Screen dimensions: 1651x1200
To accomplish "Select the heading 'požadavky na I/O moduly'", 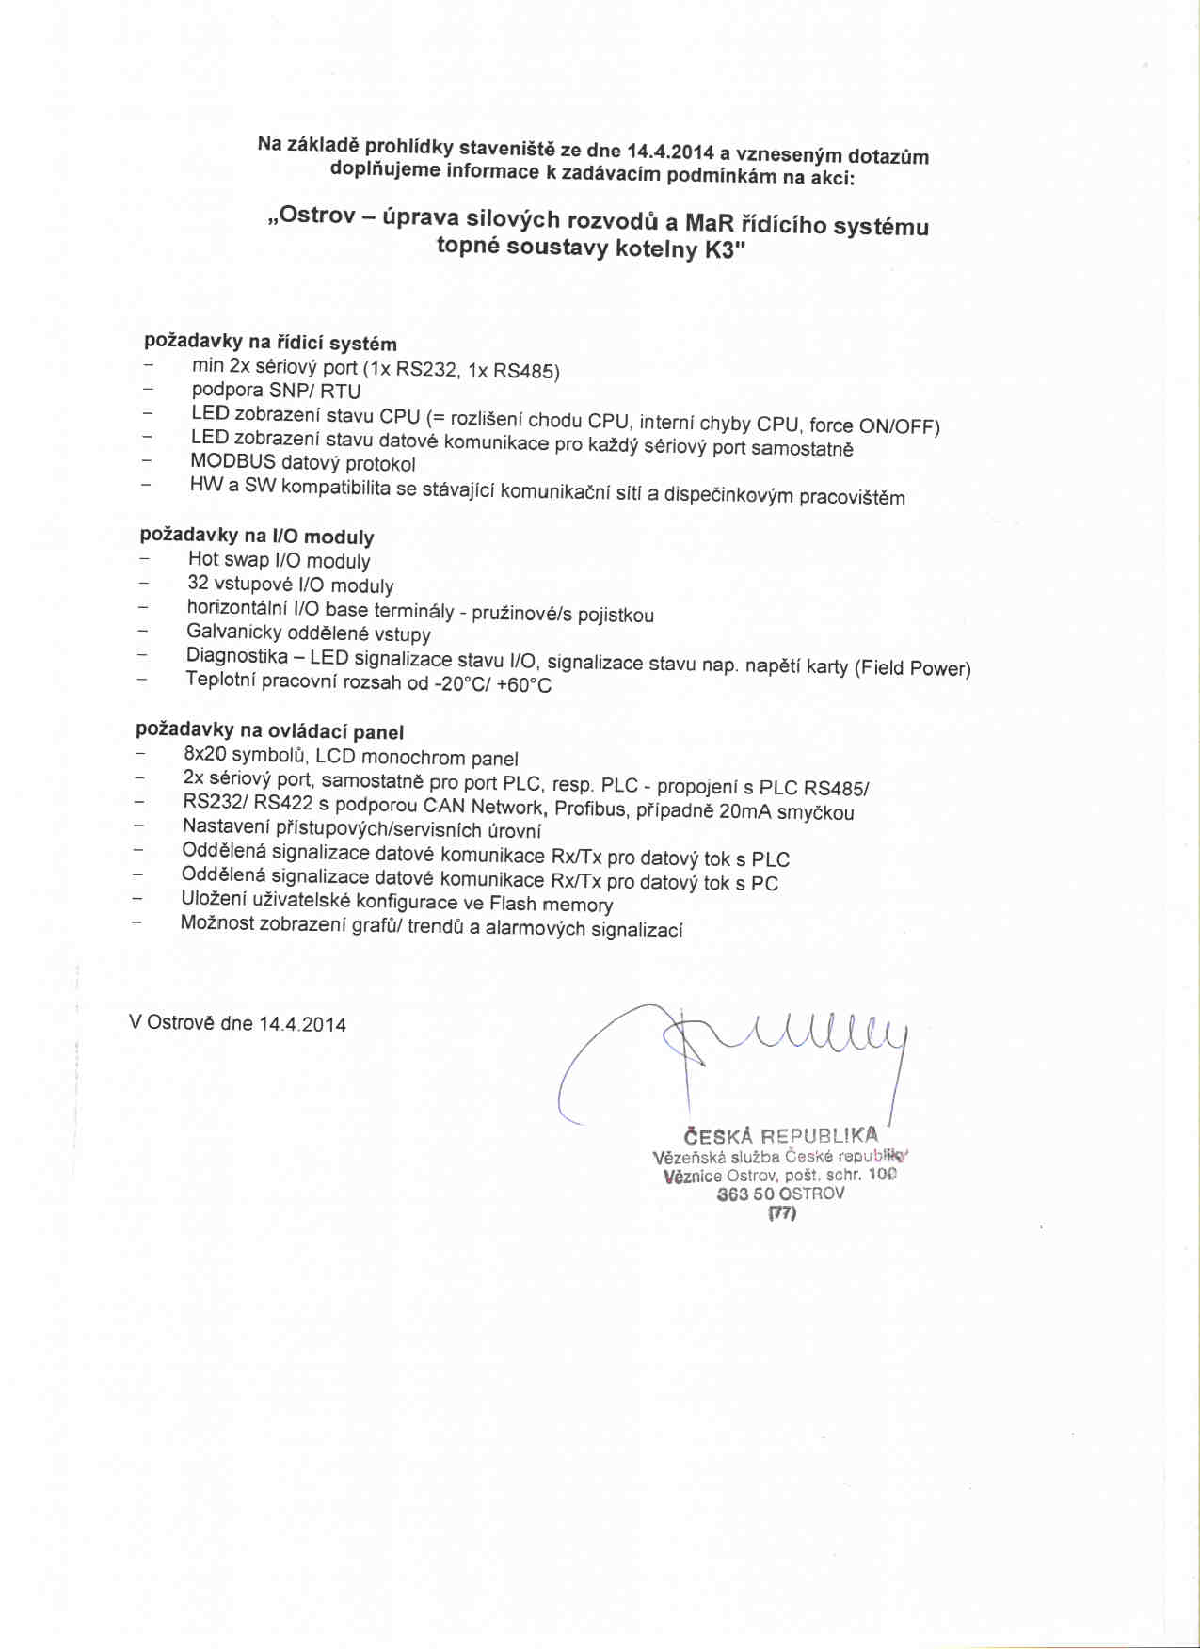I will click(257, 537).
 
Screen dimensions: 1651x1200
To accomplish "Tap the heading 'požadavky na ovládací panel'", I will click(269, 731).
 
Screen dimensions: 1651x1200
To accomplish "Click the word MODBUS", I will click(232, 461).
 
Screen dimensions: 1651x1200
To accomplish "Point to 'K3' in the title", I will click(724, 251).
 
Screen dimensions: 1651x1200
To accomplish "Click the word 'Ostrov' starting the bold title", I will click(317, 216).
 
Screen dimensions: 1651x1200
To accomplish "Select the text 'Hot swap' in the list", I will click(229, 559).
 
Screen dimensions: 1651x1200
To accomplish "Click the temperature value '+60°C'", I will click(523, 685).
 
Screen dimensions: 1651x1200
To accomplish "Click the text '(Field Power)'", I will click(912, 668).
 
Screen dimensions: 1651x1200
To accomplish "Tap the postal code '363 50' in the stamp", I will click(745, 1194).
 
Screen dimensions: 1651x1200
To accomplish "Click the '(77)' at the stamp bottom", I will click(782, 1213).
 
